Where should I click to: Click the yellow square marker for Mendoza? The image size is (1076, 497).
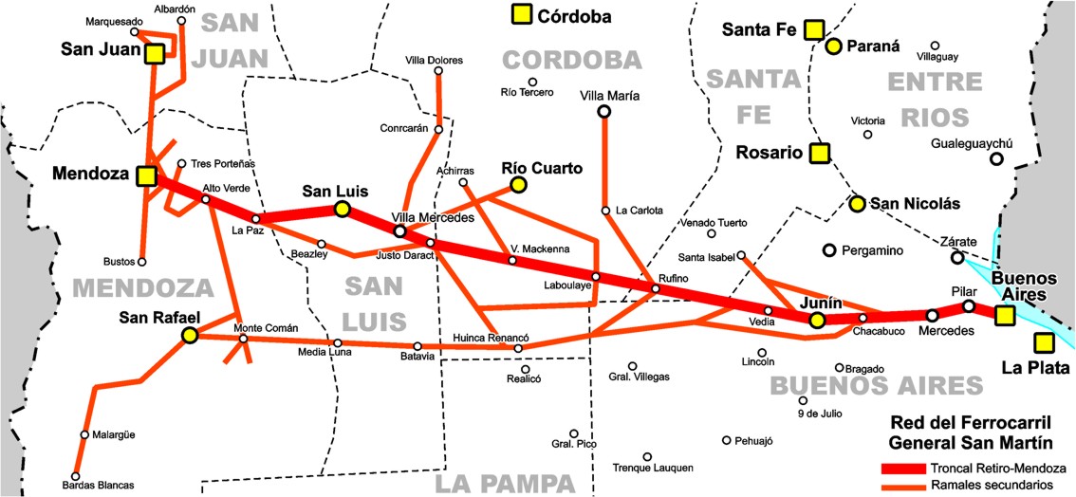(146, 175)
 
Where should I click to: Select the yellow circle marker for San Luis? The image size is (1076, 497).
(342, 210)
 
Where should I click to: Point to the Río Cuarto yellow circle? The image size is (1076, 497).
(517, 186)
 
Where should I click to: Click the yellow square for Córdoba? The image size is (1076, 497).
(520, 15)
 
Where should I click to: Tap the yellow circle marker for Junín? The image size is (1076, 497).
(817, 321)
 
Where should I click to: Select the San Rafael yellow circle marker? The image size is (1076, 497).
(190, 335)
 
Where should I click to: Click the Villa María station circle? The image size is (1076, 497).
(603, 112)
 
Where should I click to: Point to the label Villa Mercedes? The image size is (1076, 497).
(434, 218)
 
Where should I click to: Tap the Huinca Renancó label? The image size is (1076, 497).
(491, 338)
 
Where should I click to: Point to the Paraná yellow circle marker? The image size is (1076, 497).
(833, 46)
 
